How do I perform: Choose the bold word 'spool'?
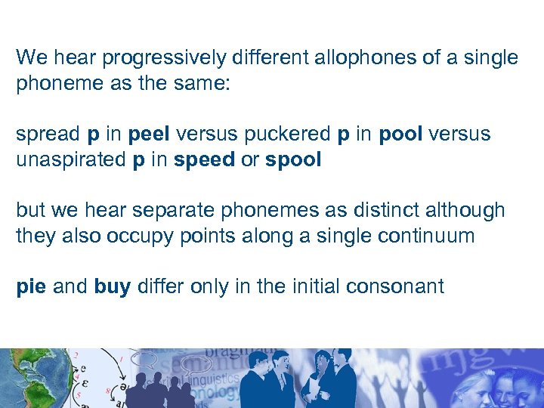coord(293,160)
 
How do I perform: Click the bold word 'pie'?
coord(31,287)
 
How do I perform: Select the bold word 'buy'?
coord(112,287)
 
